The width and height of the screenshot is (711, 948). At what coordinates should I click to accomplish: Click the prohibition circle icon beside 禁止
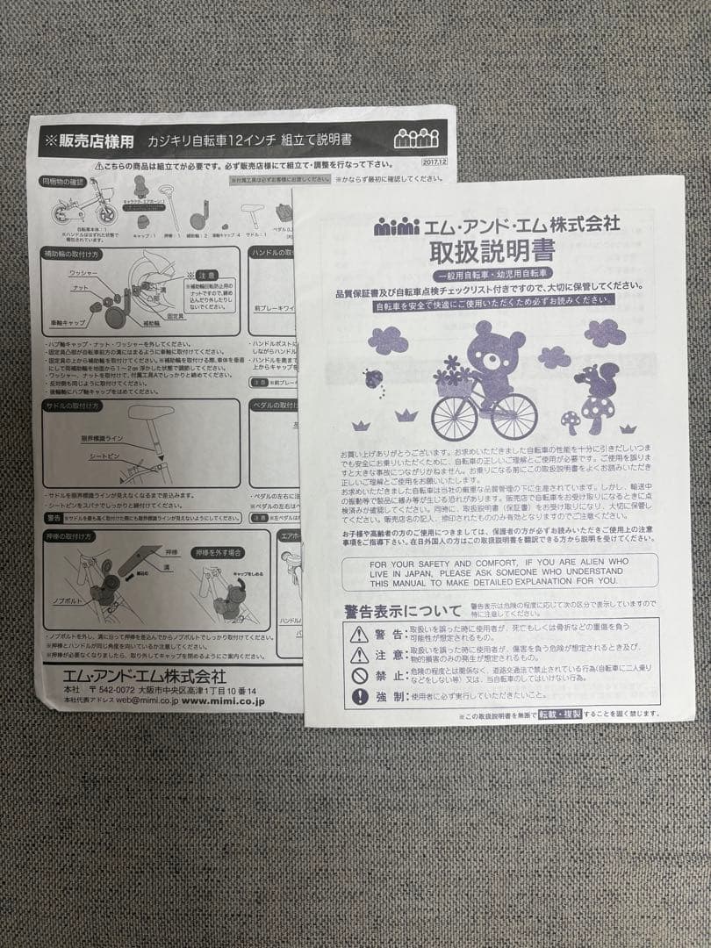pyautogui.click(x=359, y=676)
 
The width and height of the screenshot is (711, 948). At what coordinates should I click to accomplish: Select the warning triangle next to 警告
pyautogui.click(x=359, y=634)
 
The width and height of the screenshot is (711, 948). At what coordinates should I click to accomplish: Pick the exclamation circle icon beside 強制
pyautogui.click(x=359, y=697)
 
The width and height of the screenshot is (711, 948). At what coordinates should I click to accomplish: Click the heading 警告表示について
pyautogui.click(x=403, y=610)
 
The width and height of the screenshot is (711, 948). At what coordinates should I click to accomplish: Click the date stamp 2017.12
pyautogui.click(x=434, y=162)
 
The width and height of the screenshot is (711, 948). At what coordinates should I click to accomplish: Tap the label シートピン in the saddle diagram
pyautogui.click(x=107, y=457)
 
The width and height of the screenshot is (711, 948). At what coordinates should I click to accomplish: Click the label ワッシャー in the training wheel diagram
pyautogui.click(x=84, y=274)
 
